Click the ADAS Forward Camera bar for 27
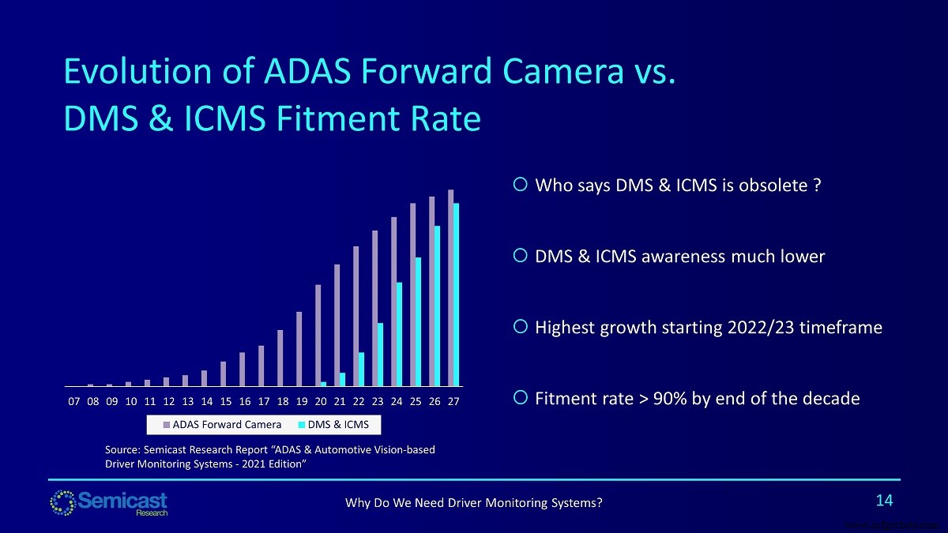[x=450, y=288]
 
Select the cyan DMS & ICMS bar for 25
[x=419, y=322]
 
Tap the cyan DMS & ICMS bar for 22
[x=362, y=370]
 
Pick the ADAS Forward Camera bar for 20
[x=318, y=336]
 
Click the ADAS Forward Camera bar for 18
[x=280, y=358]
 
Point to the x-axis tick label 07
[x=74, y=401]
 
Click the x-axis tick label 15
[x=226, y=401]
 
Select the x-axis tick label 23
[x=378, y=401]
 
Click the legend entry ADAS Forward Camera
[x=216, y=425]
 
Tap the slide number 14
[x=884, y=500]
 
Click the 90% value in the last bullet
[x=670, y=399]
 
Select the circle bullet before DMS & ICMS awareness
[x=520, y=256]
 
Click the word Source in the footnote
[x=122, y=449]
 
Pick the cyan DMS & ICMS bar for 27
[x=457, y=295]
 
